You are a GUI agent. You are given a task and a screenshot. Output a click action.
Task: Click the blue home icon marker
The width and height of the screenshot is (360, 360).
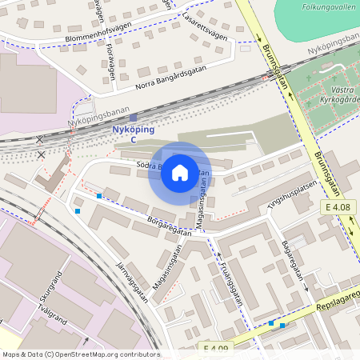pos(180,173)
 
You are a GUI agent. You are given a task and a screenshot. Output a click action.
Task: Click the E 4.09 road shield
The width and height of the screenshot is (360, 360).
pos(216,347)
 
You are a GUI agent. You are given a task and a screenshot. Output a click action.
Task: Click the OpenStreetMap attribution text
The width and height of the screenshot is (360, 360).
pos(80,354)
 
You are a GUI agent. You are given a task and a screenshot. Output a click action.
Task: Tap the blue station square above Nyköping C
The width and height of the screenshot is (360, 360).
pos(134,118)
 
